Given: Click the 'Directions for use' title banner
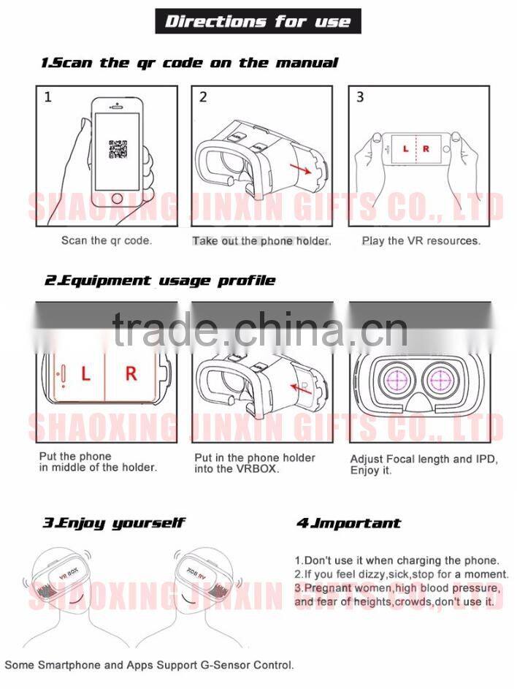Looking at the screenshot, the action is tap(258, 21).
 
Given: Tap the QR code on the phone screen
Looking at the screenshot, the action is tap(118, 149).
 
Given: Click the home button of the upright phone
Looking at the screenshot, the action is tap(117, 198).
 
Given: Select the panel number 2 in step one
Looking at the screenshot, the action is tap(203, 97).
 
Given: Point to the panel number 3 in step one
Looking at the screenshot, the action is tap(360, 96).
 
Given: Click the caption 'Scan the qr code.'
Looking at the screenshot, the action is tap(107, 240).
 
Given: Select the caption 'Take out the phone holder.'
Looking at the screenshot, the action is tap(262, 241).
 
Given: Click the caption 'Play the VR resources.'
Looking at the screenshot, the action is tap(421, 241).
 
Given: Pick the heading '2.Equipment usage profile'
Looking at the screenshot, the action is tap(160, 281).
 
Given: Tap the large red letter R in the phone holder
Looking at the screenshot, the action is tap(131, 373).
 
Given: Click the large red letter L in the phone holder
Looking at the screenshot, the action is tap(85, 373).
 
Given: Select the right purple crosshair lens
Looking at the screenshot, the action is tap(442, 378).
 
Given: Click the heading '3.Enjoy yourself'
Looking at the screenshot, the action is tap(114, 523).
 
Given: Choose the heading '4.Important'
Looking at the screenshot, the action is tap(348, 523).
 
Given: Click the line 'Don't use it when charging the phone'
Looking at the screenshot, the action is tap(397, 560).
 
